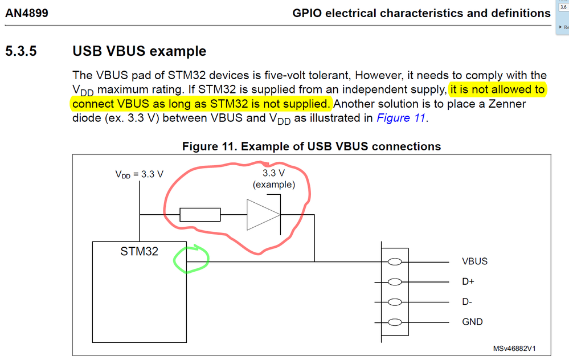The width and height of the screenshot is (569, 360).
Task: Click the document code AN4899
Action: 27,13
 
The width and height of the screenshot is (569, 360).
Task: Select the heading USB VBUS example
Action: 139,51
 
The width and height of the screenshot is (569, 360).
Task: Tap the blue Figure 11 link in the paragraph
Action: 401,118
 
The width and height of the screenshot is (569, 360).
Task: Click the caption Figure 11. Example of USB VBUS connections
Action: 311,146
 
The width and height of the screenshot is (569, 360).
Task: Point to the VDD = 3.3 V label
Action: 139,174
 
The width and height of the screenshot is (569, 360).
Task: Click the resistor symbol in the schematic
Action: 200,215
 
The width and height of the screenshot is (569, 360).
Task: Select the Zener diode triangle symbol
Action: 263,215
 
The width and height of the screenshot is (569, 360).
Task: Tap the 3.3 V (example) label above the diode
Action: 274,179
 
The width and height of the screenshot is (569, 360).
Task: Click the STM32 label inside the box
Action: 139,251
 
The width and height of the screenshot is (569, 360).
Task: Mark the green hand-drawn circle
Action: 191,259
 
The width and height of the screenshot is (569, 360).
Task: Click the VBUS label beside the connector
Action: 474,261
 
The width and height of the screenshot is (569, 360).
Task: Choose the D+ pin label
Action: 468,281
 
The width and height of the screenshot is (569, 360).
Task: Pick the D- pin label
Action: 467,302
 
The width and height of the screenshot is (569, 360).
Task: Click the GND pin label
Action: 472,322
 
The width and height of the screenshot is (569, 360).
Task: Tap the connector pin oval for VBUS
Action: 394,261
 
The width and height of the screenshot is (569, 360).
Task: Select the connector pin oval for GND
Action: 394,322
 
